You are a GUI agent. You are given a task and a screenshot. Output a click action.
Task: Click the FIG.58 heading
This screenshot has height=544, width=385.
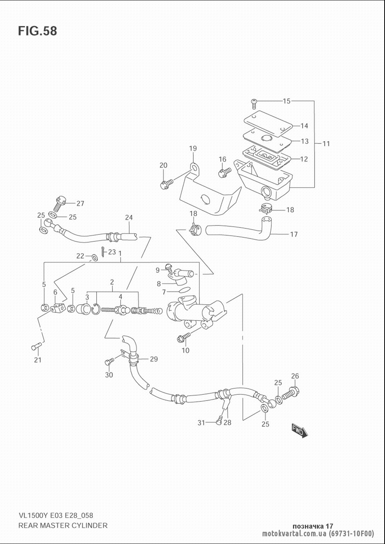pyautogui.click(x=37, y=31)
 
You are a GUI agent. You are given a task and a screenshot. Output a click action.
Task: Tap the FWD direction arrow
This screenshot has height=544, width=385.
pyautogui.click(x=300, y=458)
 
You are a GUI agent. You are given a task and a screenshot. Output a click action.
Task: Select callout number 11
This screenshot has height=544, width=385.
pyautogui.click(x=326, y=144)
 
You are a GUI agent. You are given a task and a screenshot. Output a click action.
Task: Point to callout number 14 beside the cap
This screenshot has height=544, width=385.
pyautogui.click(x=304, y=126)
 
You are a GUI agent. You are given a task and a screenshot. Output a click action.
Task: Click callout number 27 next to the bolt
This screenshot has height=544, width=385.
pyautogui.click(x=80, y=203)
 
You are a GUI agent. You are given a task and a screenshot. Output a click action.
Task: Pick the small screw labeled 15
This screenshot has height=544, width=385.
pyautogui.click(x=254, y=103)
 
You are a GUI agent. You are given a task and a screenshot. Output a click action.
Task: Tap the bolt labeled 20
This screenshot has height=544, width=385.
pyautogui.click(x=166, y=184)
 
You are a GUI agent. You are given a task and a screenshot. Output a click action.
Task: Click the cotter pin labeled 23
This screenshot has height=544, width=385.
pyautogui.click(x=104, y=252)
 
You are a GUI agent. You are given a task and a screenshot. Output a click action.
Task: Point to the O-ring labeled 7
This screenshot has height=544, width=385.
pyautogui.click(x=186, y=290)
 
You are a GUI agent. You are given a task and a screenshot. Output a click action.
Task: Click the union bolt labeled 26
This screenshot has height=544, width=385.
pyautogui.click(x=290, y=394)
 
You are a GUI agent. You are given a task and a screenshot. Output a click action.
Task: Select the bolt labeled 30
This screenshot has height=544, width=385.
pyautogui.click(x=109, y=361)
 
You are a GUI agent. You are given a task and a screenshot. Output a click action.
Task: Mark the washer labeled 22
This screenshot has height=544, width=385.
pyautogui.click(x=94, y=257)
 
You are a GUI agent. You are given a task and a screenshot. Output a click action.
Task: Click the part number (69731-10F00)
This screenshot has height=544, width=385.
pyautogui.click(x=352, y=533)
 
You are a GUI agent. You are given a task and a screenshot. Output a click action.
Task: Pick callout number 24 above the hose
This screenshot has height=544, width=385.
pyautogui.click(x=129, y=217)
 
